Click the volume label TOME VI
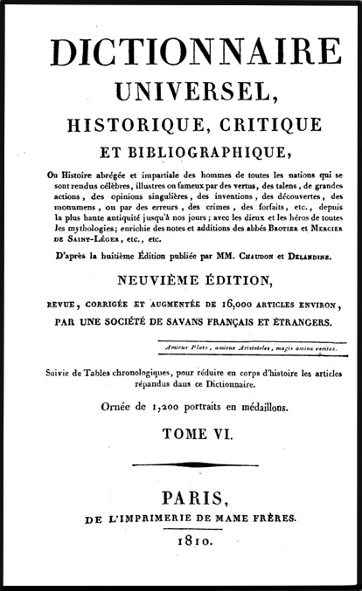pos(182,431)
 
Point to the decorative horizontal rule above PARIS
pos(180,463)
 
